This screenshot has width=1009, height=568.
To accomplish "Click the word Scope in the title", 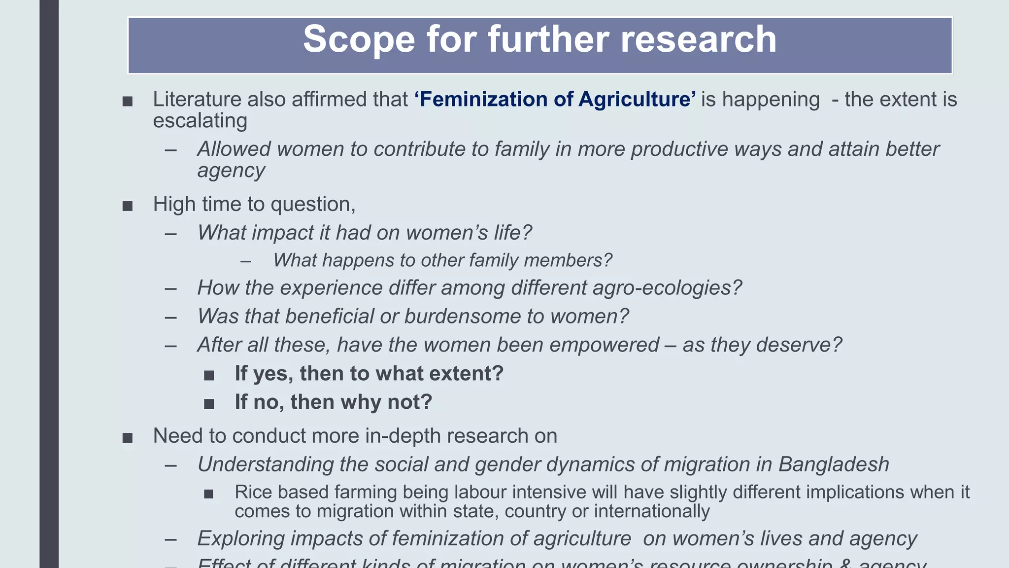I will point(359,39).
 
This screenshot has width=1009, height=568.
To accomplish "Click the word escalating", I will point(200,121).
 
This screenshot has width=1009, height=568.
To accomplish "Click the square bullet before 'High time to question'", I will point(128,206).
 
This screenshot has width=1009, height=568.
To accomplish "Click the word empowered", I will point(604,345).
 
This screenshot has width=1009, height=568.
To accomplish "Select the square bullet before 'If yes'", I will point(209,376).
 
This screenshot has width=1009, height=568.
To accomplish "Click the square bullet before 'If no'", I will point(209,404).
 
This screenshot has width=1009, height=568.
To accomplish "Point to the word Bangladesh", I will point(834,465).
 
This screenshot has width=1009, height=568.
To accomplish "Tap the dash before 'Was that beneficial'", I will point(171,318).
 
